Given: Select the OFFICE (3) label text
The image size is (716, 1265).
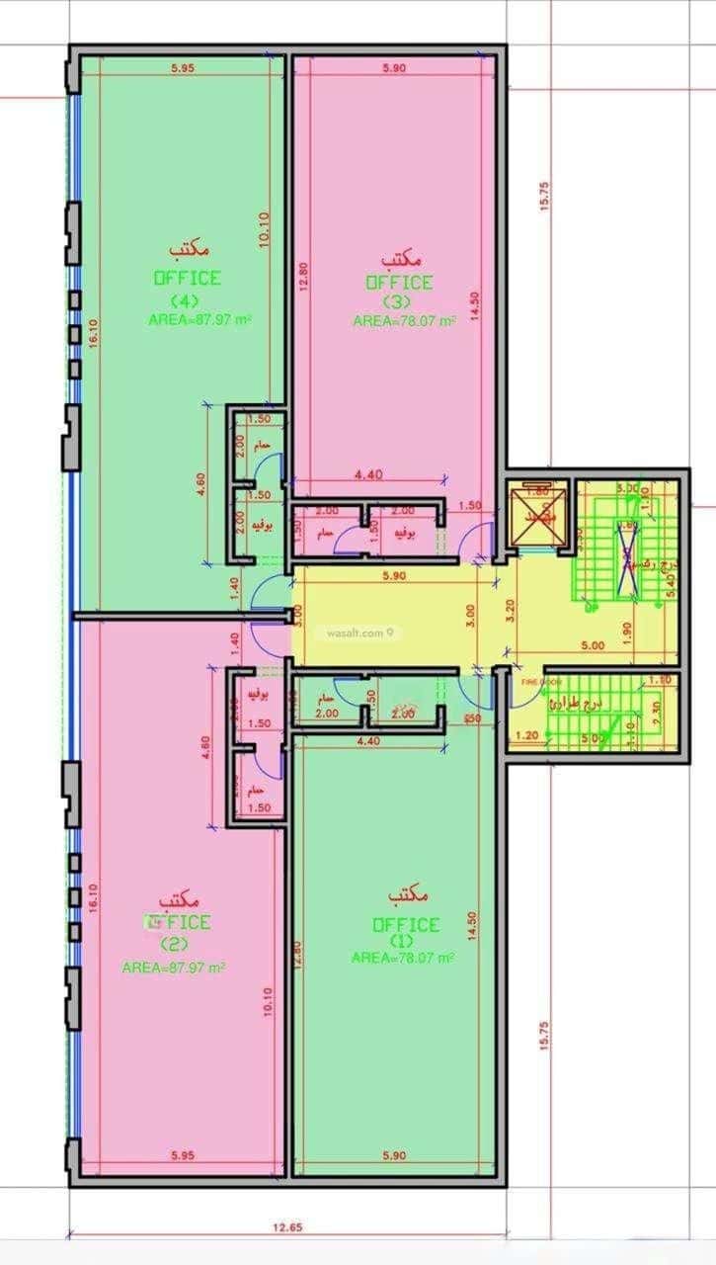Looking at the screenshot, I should pos(399,283).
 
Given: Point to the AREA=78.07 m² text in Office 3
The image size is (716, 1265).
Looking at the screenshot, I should pos(404,321).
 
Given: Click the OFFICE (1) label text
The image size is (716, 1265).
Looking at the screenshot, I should pos(405,925).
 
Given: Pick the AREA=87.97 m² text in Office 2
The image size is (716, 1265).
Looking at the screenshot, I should pos(174,968).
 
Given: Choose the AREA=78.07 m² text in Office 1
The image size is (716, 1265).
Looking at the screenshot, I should pos(402,958).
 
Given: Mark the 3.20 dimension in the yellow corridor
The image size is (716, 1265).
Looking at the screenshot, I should pos(510,608).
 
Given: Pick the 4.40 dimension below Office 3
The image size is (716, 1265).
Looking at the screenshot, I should pos(367,475).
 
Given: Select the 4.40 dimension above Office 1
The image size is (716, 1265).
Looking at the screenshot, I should pos(367,740).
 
